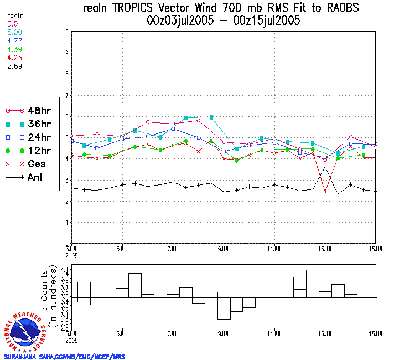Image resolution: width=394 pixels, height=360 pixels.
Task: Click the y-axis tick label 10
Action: click(65, 32)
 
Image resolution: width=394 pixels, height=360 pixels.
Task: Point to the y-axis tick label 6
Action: click(66, 116)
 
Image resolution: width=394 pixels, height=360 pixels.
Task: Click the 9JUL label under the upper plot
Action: click(224, 249)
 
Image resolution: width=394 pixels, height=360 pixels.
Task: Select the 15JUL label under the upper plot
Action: click(376, 249)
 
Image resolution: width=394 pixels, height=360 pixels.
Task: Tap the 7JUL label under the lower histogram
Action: click(173, 334)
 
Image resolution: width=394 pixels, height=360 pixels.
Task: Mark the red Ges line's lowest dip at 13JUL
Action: click(325, 192)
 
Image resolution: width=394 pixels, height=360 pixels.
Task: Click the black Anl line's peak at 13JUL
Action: click(325, 167)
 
